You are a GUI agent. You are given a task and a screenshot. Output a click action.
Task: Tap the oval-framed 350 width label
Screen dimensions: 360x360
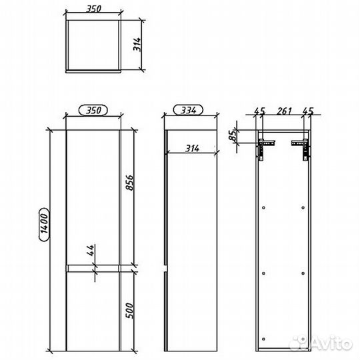(94, 111)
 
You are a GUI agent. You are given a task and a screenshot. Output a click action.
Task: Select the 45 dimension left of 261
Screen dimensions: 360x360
(259, 111)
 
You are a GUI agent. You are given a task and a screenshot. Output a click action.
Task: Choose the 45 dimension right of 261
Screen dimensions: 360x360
(309, 111)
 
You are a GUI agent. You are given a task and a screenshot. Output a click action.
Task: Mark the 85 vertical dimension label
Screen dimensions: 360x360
(233, 137)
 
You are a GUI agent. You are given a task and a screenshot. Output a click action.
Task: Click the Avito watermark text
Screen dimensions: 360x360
(333, 344)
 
